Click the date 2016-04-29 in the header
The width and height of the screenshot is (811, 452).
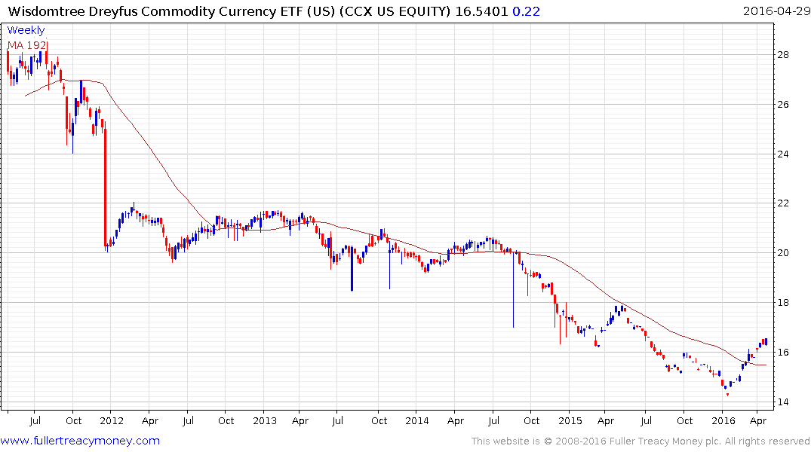click(x=775, y=11)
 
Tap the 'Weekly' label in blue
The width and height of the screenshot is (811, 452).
click(x=26, y=30)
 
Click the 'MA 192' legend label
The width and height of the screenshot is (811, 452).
click(x=27, y=44)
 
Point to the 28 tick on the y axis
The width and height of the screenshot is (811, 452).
click(x=784, y=55)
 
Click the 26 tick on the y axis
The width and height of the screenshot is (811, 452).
click(x=784, y=105)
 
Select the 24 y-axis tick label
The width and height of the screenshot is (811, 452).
click(x=784, y=154)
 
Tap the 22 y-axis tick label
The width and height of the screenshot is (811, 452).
click(x=784, y=203)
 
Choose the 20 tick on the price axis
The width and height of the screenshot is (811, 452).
click(x=784, y=253)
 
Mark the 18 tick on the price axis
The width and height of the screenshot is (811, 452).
click(x=784, y=303)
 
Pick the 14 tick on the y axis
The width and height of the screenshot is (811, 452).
click(x=784, y=402)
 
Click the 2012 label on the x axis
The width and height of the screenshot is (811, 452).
click(x=112, y=420)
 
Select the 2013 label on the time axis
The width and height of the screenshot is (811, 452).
click(x=266, y=420)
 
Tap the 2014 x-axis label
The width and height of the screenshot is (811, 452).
click(x=416, y=420)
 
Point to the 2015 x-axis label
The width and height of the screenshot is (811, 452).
click(x=570, y=420)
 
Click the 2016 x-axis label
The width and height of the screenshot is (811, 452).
click(x=723, y=420)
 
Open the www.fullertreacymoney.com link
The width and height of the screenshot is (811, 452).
click(x=80, y=441)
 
